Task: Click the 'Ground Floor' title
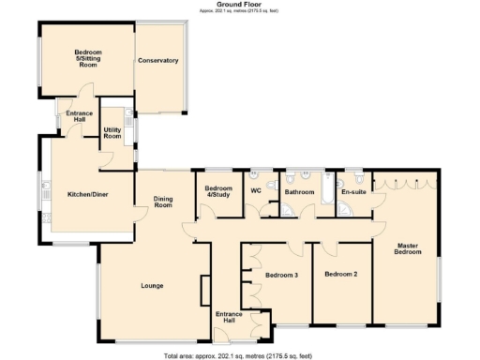pyautogui.click(x=239, y=4)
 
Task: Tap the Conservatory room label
pyautogui.click(x=157, y=60)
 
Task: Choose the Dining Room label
pyautogui.click(x=164, y=201)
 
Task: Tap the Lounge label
pyautogui.click(x=152, y=285)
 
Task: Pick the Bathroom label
pyautogui.click(x=299, y=191)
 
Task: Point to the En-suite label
pyautogui.click(x=352, y=191)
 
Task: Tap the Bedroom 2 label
pyautogui.click(x=341, y=275)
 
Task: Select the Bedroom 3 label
pyautogui.click(x=281, y=275)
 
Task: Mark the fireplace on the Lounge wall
pyautogui.click(x=204, y=291)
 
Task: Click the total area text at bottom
pyautogui.click(x=238, y=355)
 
